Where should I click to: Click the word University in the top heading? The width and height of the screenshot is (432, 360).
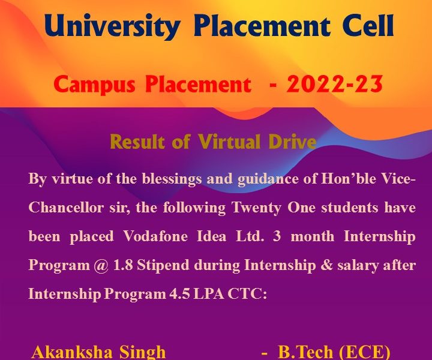(112, 27)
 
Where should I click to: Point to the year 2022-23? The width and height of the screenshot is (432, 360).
(334, 84)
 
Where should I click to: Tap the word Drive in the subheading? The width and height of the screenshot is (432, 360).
(292, 142)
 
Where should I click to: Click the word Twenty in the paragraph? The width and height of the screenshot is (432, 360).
(257, 208)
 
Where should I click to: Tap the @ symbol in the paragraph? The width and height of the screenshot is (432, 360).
(101, 266)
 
